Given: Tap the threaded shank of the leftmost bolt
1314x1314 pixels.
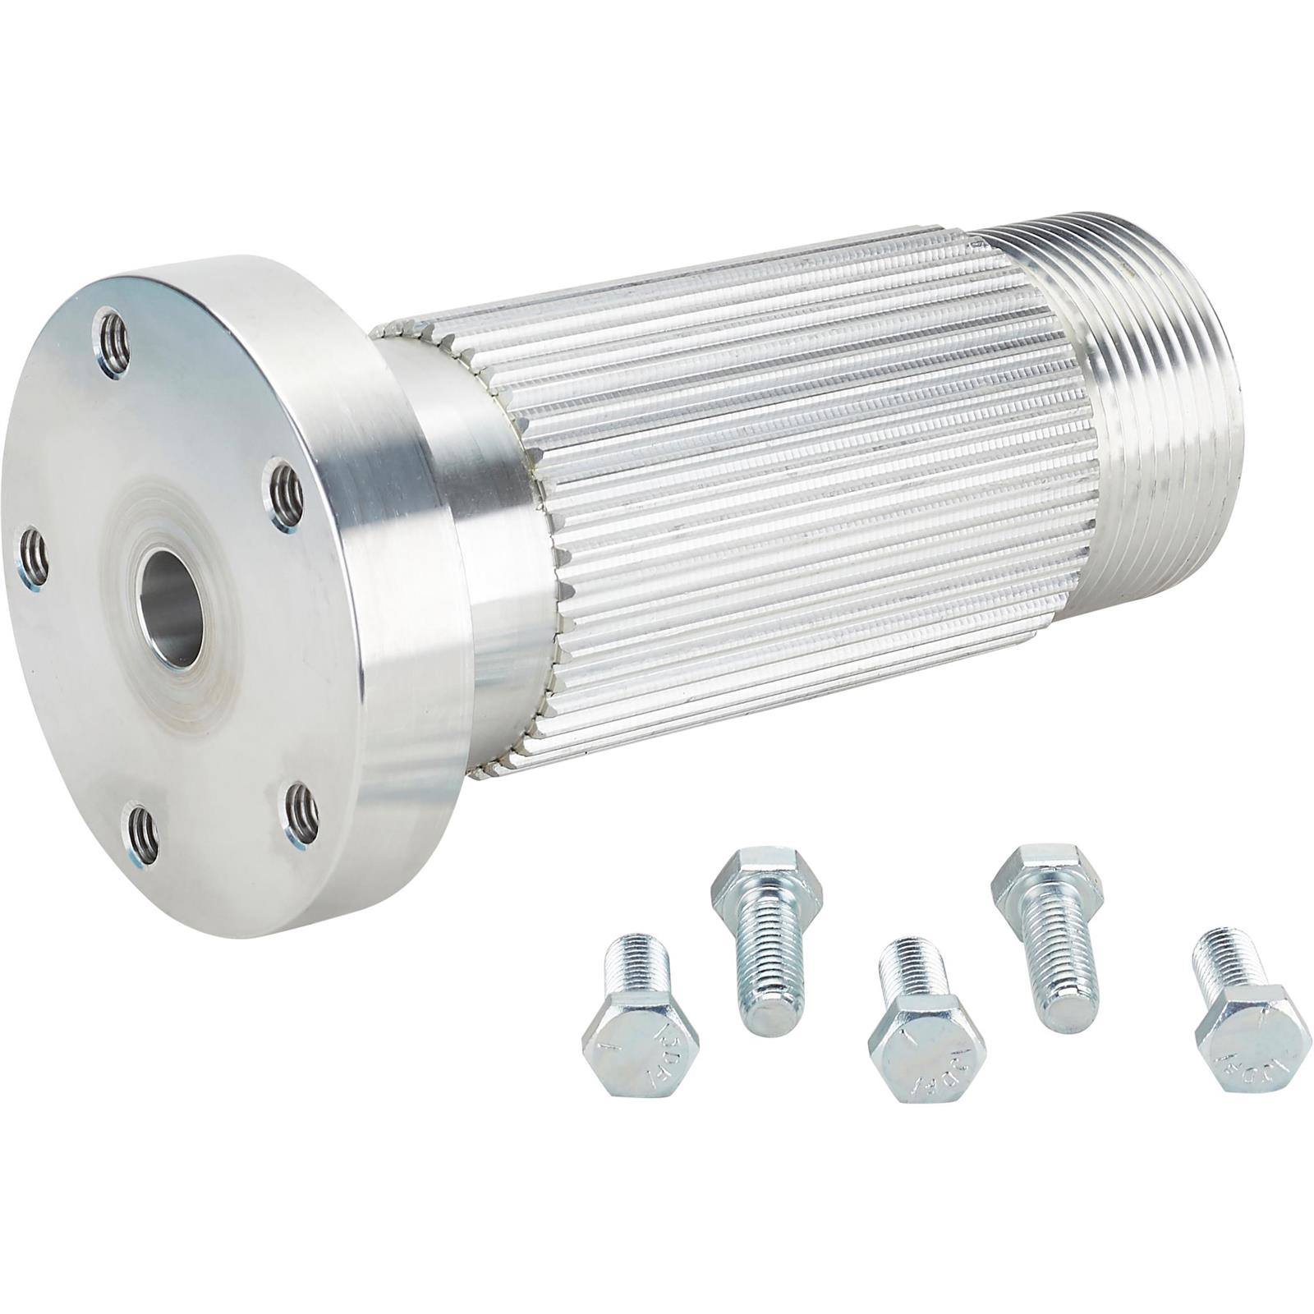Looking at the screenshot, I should click(x=636, y=973).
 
